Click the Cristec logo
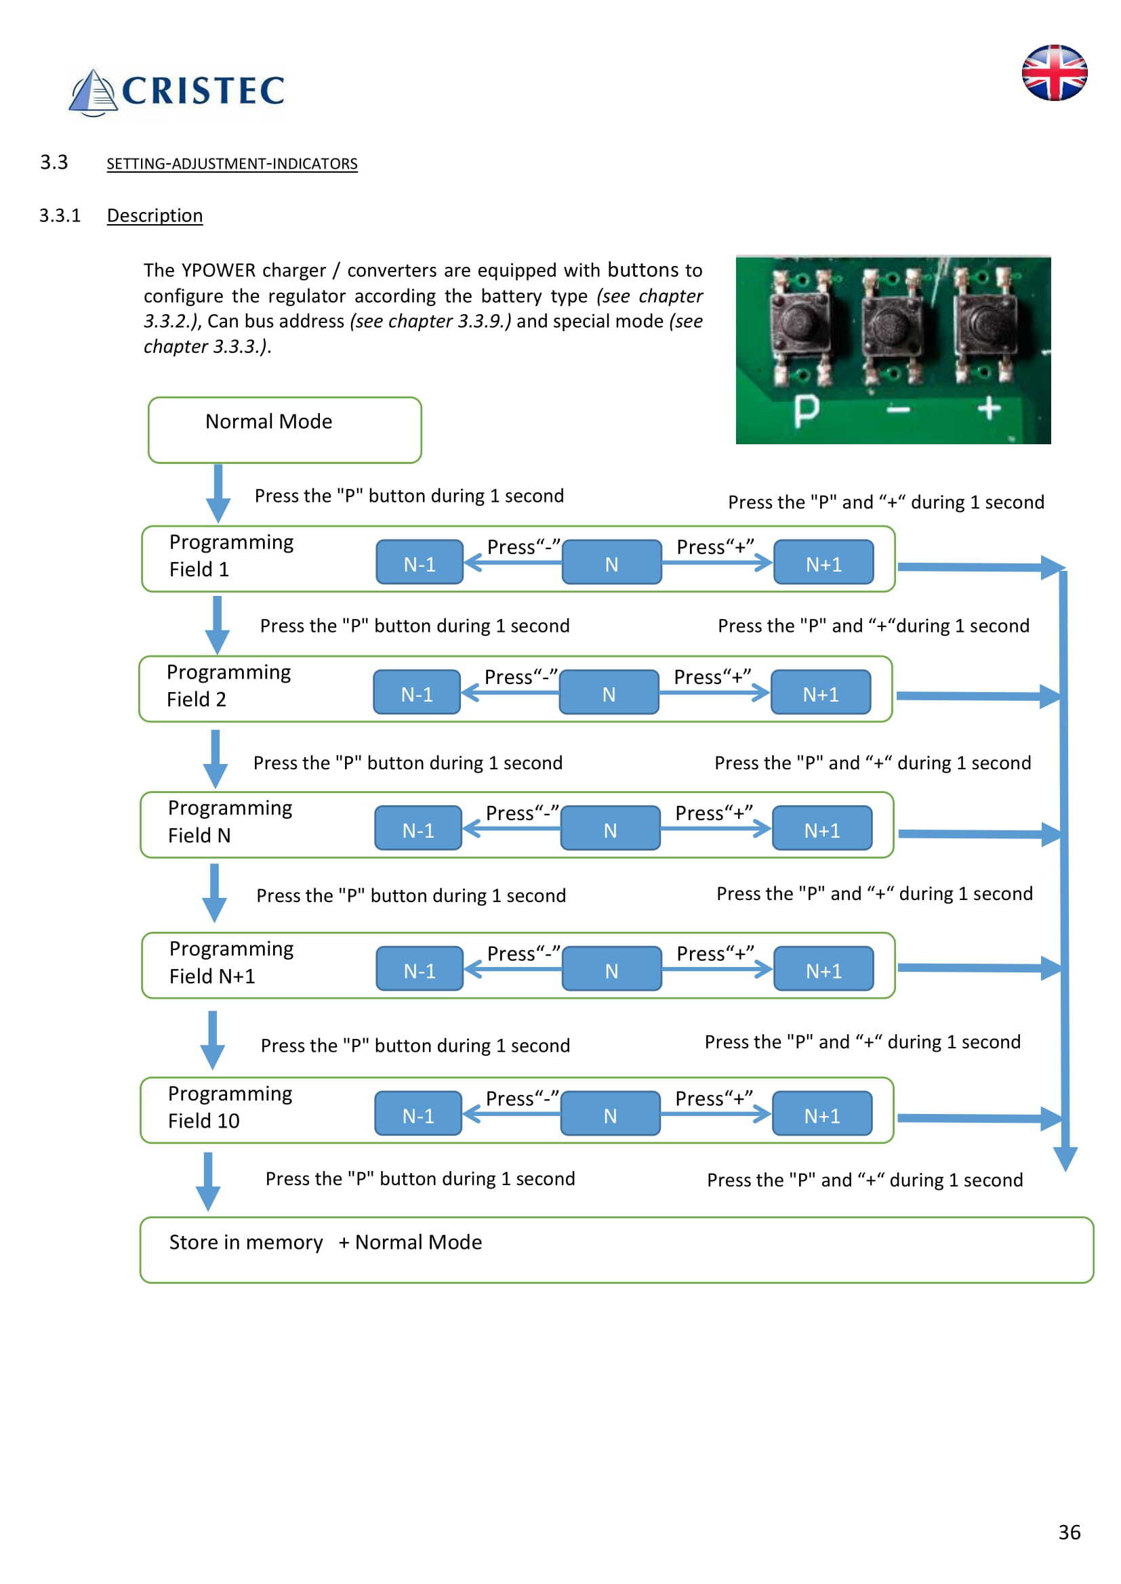coord(177,91)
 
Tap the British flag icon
coord(1054,72)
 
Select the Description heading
coord(155,216)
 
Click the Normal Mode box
coord(285,430)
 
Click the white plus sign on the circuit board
coord(988,408)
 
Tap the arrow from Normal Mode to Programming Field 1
coord(218,493)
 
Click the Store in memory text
coord(246,1243)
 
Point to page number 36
coord(1069,1533)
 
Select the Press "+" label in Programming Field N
coord(713,813)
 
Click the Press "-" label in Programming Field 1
coord(523,547)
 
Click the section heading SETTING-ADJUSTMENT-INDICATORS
coord(232,164)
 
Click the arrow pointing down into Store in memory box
coord(208,1181)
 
